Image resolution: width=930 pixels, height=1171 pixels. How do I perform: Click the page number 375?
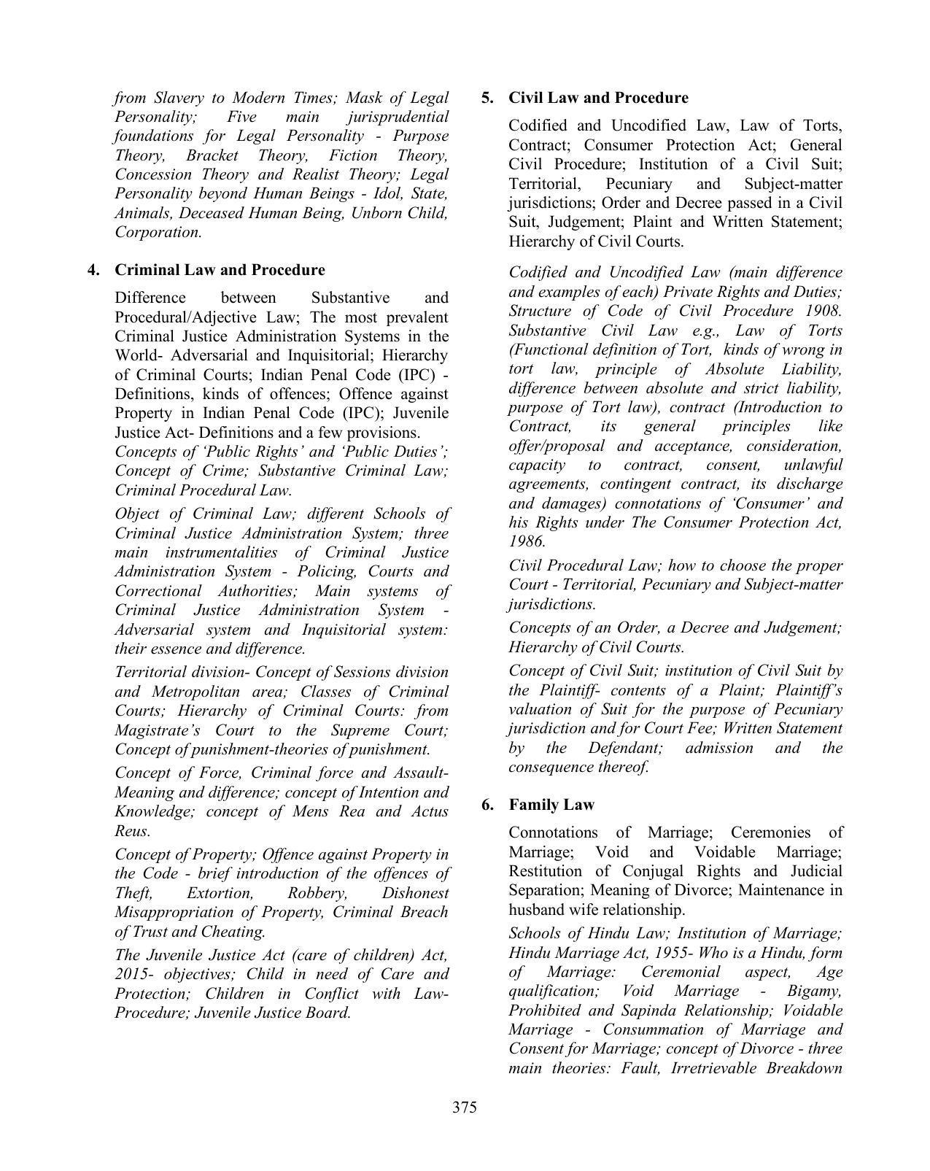[464, 1108]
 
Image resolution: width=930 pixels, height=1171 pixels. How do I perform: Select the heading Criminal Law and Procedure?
[220, 270]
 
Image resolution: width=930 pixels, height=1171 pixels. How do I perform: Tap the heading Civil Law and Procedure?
[598, 98]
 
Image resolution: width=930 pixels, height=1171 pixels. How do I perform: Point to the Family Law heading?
[551, 805]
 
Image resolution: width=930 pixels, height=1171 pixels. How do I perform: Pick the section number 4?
[93, 270]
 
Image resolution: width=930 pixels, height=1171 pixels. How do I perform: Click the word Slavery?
[181, 98]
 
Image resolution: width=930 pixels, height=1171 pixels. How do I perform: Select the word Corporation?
[158, 233]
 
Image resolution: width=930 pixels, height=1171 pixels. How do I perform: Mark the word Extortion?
[220, 893]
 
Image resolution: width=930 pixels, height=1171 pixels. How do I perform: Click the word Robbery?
[317, 893]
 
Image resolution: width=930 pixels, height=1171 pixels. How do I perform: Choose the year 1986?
[526, 541]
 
